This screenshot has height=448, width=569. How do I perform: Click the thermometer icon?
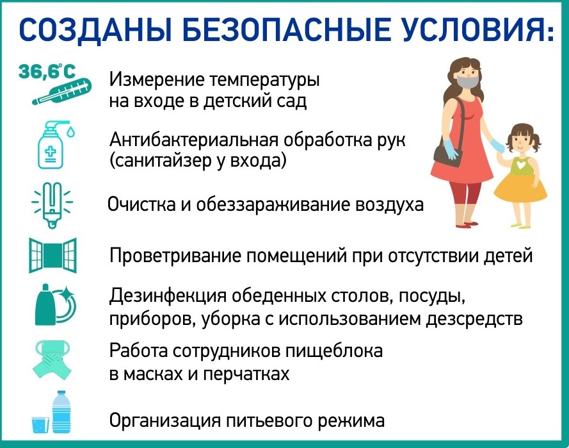pyautogui.click(x=61, y=92)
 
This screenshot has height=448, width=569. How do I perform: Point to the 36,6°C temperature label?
pyautogui.click(x=47, y=71)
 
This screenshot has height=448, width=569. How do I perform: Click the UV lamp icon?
pyautogui.click(x=52, y=204)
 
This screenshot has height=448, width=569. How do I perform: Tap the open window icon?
pyautogui.click(x=53, y=254)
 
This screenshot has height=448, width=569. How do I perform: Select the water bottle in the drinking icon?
pyautogui.click(x=61, y=412)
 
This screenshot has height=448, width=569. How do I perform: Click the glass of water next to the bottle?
pyautogui.click(x=40, y=424)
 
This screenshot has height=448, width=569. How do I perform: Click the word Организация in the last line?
pyautogui.click(x=165, y=421)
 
